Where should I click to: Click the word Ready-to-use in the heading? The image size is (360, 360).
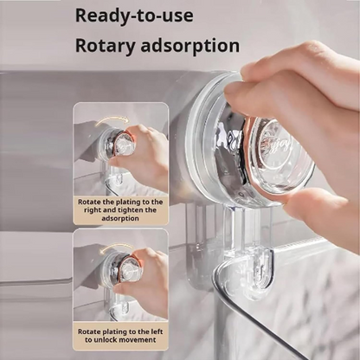pos(134,16)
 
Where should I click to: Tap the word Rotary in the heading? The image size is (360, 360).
pos(106,46)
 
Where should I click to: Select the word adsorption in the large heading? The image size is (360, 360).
pos(190,46)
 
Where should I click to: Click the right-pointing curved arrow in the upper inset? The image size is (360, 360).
pos(112,121)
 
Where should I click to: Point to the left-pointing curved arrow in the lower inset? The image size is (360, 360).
pos(115,249)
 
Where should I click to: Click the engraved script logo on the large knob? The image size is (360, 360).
pos(277,142)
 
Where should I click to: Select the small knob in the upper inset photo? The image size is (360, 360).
pos(117,145)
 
